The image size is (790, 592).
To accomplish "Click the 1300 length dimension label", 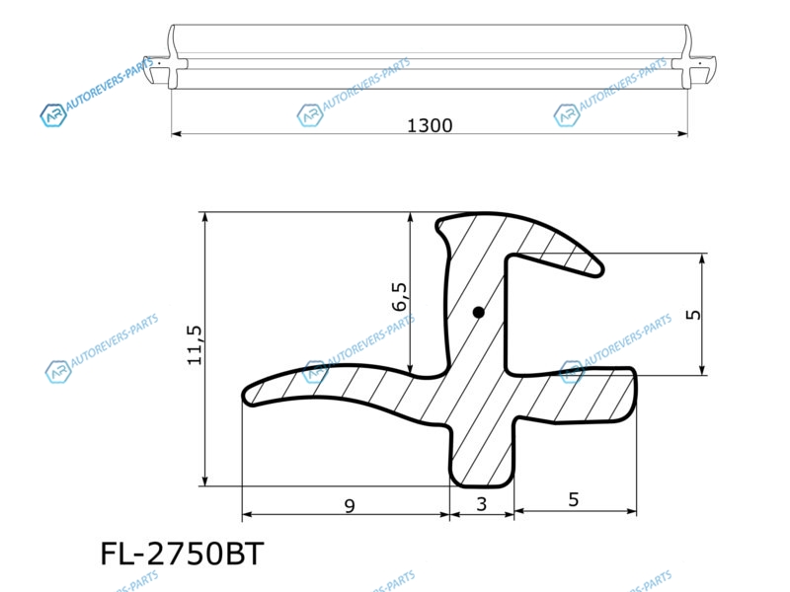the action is tap(430, 125).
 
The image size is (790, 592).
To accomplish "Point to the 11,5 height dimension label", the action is tap(195, 345).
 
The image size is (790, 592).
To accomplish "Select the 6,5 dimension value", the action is tap(399, 297).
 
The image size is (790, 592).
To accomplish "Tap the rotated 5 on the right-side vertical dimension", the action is tap(693, 315).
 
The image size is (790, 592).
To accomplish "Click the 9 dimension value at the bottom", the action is tap(350, 505).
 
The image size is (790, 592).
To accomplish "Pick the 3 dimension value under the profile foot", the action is tap(482, 504).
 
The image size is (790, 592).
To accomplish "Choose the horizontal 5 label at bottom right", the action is tap(574, 499).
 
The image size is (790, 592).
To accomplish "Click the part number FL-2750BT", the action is tap(183, 554).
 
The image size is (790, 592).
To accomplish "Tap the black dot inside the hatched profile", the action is tap(479, 313).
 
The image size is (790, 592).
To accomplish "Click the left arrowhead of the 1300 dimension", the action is tap(176, 134).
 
